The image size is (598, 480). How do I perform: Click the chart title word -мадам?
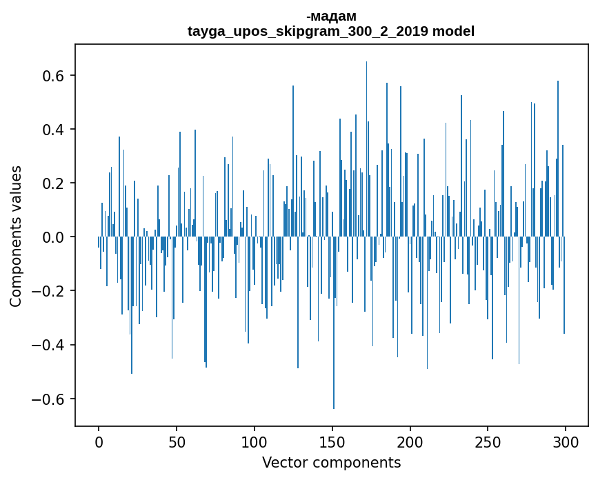(x=331, y=16)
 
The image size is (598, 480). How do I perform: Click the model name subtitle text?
(x=331, y=31)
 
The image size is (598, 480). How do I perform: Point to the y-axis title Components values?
(x=16, y=236)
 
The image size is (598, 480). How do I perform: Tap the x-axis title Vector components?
(x=331, y=462)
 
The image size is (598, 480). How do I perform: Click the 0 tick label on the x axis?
(x=99, y=441)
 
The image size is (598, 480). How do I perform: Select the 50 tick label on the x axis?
(x=177, y=441)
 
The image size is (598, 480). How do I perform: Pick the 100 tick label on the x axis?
(x=255, y=441)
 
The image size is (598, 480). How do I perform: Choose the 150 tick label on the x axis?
(x=332, y=441)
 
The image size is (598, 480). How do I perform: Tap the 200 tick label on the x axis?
(x=410, y=441)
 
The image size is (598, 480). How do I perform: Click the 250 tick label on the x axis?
(x=488, y=441)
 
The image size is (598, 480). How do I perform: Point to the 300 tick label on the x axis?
(x=566, y=441)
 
